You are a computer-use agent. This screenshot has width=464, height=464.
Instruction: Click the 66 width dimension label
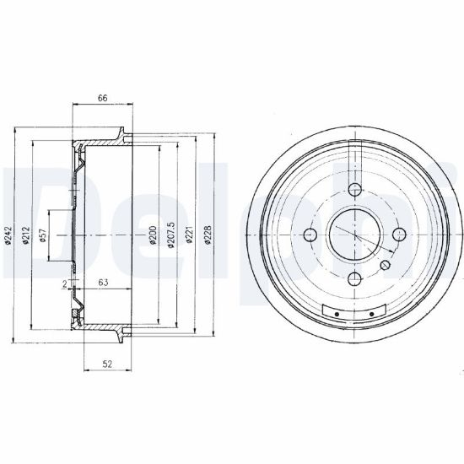click(103, 98)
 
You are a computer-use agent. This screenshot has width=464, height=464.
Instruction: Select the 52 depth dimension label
click(107, 364)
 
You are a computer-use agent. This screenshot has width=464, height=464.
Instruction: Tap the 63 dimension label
click(103, 283)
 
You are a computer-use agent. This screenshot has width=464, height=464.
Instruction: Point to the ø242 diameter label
click(8, 235)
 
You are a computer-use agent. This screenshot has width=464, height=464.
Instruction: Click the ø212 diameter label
click(26, 235)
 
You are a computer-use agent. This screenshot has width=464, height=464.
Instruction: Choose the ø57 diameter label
click(43, 235)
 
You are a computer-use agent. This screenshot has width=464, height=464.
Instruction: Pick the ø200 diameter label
click(153, 235)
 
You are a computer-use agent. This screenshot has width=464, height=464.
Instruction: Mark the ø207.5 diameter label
click(171, 235)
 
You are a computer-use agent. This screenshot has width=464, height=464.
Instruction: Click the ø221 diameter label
click(189, 235)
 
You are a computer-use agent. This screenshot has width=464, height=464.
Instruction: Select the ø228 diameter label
click(208, 235)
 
